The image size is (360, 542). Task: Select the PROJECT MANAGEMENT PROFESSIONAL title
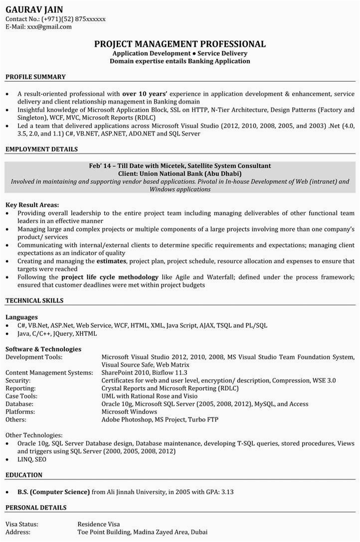180,44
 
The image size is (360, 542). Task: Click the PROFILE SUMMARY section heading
35,77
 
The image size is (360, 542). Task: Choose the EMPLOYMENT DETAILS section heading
41,149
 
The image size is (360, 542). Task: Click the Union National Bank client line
180,173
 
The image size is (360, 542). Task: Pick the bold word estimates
111,261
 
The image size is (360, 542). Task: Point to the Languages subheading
21,317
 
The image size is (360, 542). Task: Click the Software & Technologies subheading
43,349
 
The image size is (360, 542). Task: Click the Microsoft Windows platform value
129,412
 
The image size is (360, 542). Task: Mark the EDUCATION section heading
24,475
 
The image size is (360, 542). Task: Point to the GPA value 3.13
227,492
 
